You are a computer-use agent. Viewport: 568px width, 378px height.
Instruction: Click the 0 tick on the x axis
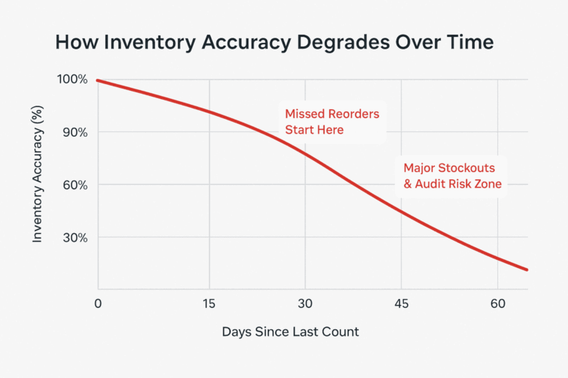click(x=98, y=303)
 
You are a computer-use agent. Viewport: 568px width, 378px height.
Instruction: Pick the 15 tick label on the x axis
click(x=210, y=303)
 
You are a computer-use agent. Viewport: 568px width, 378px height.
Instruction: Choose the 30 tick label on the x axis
click(x=305, y=303)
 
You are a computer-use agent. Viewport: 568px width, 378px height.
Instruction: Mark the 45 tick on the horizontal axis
click(x=401, y=303)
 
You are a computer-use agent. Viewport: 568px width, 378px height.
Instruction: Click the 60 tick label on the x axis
click(x=497, y=303)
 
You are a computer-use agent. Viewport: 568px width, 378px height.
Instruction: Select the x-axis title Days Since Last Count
click(x=290, y=332)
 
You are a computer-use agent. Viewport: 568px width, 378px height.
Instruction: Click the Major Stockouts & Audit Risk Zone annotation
click(x=452, y=175)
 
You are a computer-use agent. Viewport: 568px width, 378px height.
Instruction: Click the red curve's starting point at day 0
click(x=98, y=80)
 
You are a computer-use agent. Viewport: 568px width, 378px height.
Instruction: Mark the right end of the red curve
click(x=527, y=270)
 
